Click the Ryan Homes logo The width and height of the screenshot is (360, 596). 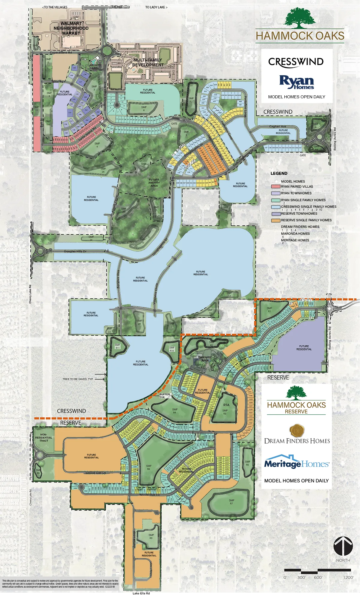[x=296, y=82]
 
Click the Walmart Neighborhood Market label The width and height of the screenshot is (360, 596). [x=71, y=28]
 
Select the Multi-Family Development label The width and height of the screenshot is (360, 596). [x=148, y=62]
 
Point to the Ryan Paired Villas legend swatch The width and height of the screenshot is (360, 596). [x=276, y=186]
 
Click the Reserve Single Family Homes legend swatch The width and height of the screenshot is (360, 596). [x=276, y=220]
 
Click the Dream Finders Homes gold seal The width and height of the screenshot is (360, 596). [x=297, y=431]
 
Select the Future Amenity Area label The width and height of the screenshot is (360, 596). [x=154, y=183]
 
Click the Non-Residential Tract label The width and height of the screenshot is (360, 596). [x=44, y=437]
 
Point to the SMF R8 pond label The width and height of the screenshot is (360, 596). [x=149, y=467]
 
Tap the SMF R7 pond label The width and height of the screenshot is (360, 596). [x=231, y=502]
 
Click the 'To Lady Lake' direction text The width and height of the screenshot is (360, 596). [x=156, y=7]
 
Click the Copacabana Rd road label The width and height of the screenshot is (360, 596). [x=61, y=53]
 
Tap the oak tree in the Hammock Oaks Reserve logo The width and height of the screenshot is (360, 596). [x=296, y=393]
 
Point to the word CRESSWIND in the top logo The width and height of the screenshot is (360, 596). [x=296, y=62]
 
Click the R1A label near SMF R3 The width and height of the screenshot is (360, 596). [x=226, y=405]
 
